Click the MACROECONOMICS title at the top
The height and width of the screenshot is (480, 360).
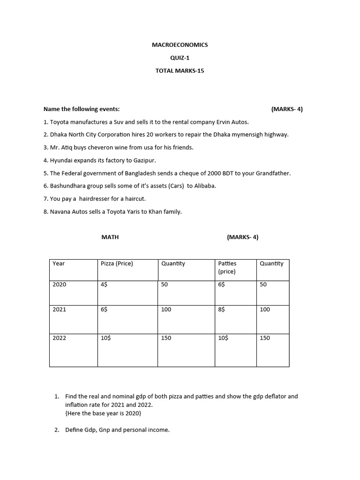click(180, 45)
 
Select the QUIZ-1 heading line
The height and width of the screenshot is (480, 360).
click(180, 58)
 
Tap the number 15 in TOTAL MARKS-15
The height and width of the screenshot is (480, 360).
click(201, 71)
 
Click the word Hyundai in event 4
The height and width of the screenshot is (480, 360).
click(61, 160)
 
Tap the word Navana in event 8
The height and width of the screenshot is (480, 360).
click(60, 212)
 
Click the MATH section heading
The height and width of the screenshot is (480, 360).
click(110, 237)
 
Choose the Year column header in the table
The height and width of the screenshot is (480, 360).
click(59, 264)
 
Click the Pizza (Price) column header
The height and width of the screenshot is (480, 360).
click(117, 264)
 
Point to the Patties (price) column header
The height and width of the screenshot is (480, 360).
click(227, 267)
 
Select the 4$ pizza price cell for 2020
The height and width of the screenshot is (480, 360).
click(104, 285)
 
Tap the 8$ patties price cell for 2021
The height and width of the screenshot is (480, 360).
click(221, 310)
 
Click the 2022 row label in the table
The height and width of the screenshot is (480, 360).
click(60, 338)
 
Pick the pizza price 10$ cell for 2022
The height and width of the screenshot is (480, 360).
click(105, 338)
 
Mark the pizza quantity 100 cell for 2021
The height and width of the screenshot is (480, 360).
click(166, 310)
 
